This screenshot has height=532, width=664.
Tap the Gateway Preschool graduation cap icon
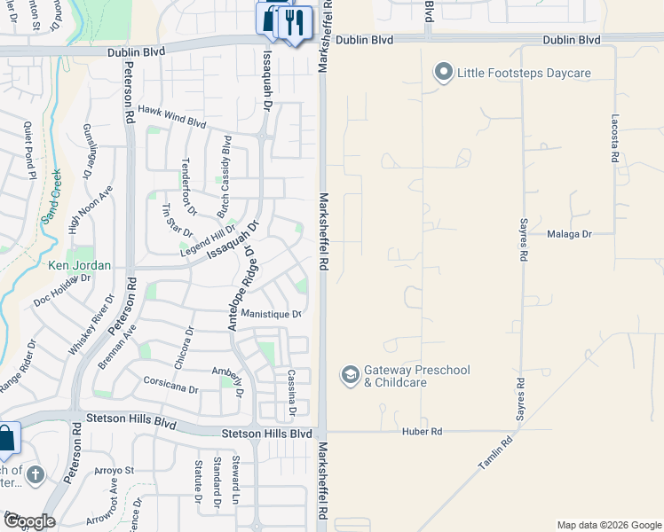pyautogui.click(x=350, y=376)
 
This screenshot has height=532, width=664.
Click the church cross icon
pyautogui.click(x=36, y=475)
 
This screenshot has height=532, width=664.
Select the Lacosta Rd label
pyautogui.click(x=614, y=137)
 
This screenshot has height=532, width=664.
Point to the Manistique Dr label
pyautogui.click(x=272, y=315)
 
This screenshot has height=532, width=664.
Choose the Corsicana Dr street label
pyautogui.click(x=170, y=384)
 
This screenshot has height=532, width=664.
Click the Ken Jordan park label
pyautogui.click(x=79, y=265)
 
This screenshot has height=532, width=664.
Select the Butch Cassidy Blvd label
pyautogui.click(x=225, y=177)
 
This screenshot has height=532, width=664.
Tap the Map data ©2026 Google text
pyautogui.click(x=610, y=525)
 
